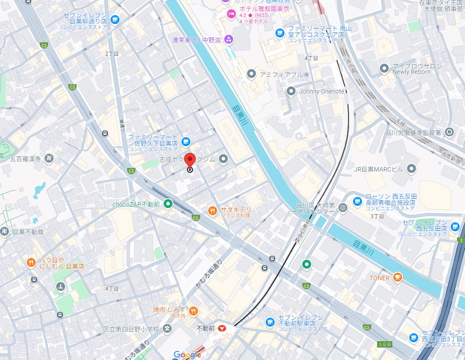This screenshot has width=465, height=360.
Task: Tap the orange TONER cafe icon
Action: [397, 278]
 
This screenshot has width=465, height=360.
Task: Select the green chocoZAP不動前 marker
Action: [168, 205]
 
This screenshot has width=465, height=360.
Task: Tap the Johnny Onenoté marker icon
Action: [291, 91]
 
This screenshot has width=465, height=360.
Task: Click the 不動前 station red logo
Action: [222, 328]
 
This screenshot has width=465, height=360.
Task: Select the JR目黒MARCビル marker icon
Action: [412, 168]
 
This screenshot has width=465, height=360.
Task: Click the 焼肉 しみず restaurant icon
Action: [193, 311]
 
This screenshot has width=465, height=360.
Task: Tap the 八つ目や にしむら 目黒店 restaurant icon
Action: [31, 262]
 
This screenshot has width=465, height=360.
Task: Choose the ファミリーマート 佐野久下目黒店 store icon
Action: [186, 142]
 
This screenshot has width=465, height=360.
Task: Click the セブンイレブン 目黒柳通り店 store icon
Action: [115, 20]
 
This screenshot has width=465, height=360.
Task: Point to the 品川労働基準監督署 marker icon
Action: [449, 132]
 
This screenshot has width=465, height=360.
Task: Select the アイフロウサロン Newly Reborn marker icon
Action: [384, 69]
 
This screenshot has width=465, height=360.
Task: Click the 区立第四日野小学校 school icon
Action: [167, 329]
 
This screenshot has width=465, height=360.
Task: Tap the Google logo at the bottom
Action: [187, 355]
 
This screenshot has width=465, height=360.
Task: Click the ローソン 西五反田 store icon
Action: [357, 201]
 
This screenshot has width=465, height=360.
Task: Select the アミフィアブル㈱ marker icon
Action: [251, 74]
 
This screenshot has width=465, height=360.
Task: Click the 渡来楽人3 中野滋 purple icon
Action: [229, 40]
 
